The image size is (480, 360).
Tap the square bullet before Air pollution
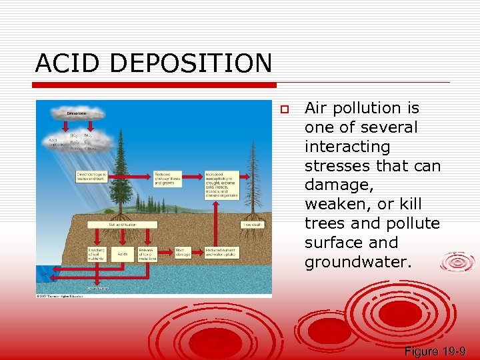(x=283, y=109)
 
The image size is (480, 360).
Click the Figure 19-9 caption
(x=434, y=351)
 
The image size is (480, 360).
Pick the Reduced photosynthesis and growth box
(x=167, y=179)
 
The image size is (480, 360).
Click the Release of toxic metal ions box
(x=147, y=254)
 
